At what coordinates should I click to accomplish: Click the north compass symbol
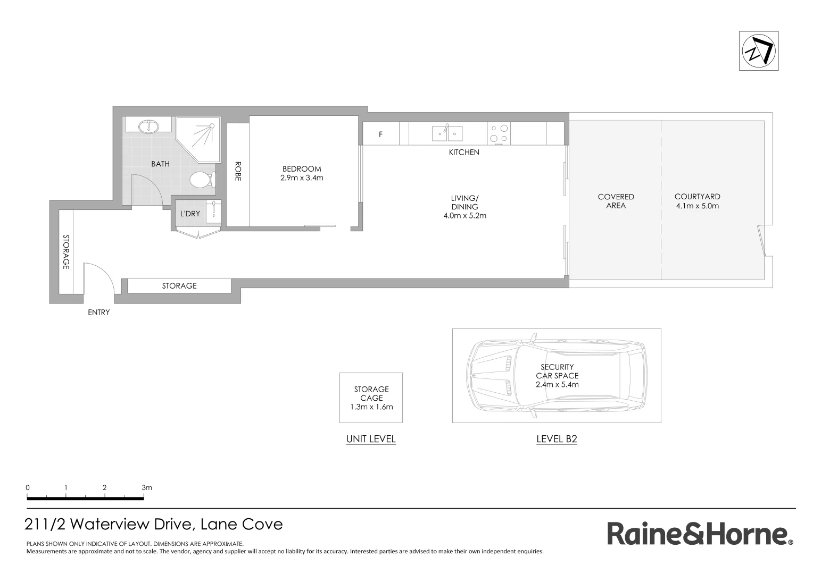click(x=759, y=51)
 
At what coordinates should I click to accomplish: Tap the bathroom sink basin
click(x=148, y=126)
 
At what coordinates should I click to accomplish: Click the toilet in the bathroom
click(x=201, y=180)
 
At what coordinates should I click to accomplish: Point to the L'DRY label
click(x=190, y=214)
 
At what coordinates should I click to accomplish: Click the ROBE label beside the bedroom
click(x=238, y=171)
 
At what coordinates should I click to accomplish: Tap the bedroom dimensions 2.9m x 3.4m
click(x=302, y=178)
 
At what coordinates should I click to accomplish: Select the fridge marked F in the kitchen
click(x=380, y=134)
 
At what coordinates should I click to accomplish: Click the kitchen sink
click(x=447, y=133)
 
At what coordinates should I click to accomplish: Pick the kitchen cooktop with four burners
click(x=499, y=133)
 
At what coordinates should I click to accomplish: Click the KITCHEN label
click(x=464, y=153)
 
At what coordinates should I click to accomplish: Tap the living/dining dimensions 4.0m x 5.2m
click(x=464, y=216)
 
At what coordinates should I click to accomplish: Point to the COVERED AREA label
click(x=616, y=201)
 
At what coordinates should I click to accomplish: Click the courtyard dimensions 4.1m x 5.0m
click(x=697, y=206)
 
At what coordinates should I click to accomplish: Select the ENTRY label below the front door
click(x=98, y=313)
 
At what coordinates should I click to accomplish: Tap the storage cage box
click(x=371, y=398)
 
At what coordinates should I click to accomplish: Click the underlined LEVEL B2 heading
click(x=557, y=439)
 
